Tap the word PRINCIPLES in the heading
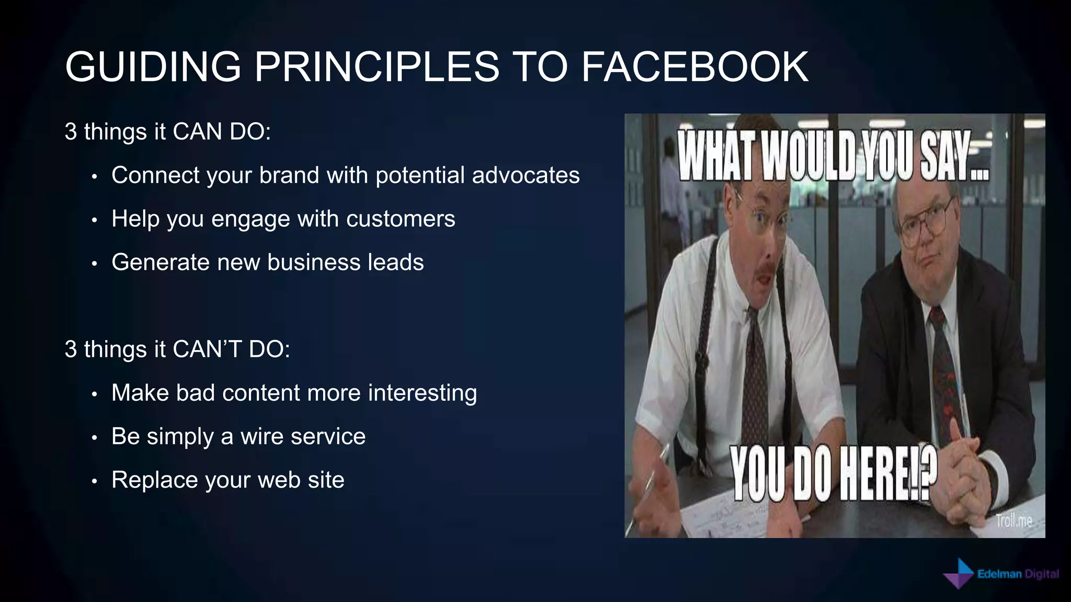(x=377, y=67)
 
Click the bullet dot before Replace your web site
(x=94, y=481)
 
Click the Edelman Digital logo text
(x=1018, y=574)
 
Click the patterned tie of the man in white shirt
(x=756, y=376)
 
